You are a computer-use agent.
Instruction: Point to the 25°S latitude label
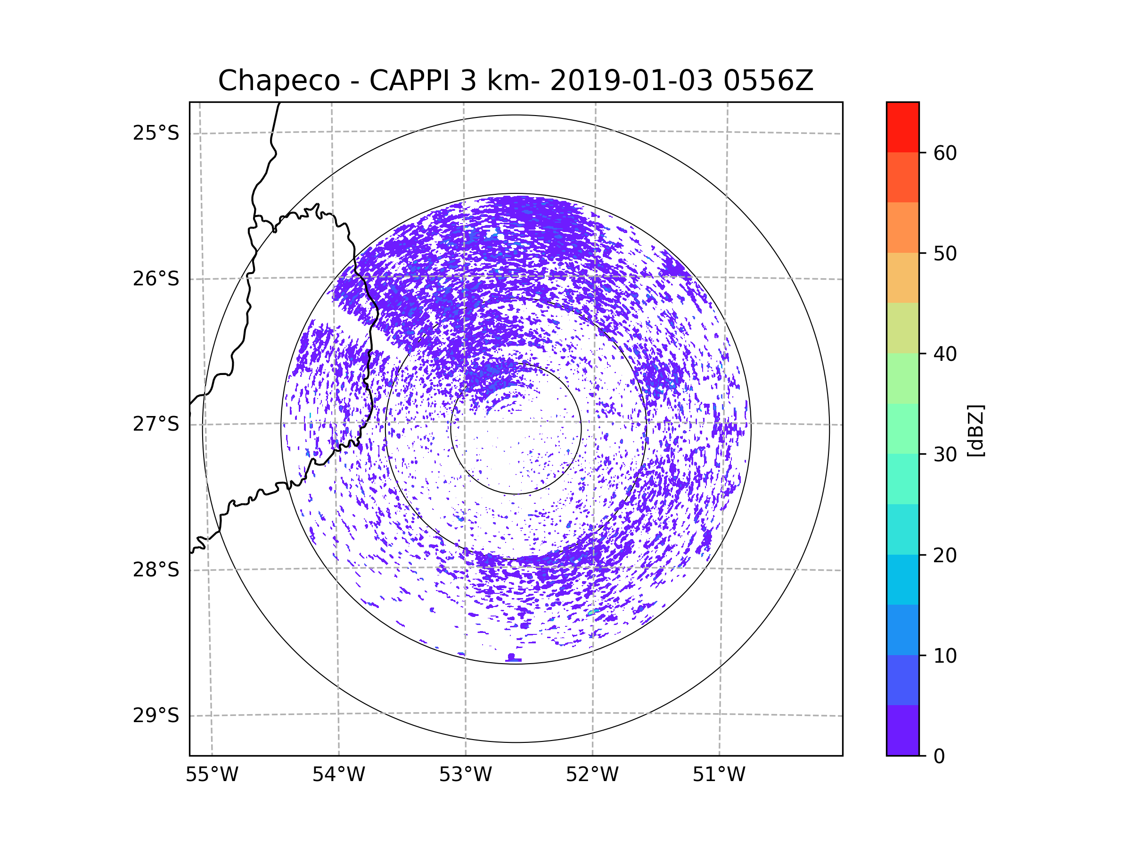click(156, 133)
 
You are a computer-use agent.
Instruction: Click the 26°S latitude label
click(156, 279)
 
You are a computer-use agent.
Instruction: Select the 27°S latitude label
click(156, 424)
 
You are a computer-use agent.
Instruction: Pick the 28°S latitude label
click(156, 570)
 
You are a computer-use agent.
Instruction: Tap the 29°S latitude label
click(156, 716)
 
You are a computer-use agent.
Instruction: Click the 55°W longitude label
click(212, 775)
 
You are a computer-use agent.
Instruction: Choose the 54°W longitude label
click(338, 775)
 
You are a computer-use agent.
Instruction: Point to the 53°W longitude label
click(465, 775)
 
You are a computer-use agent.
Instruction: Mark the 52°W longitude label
click(592, 775)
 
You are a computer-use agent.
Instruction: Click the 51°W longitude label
click(719, 775)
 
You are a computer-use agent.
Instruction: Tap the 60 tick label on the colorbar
click(945, 153)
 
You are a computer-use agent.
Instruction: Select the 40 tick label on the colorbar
click(945, 354)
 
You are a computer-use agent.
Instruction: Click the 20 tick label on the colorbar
click(945, 555)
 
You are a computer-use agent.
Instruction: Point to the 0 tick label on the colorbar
click(939, 757)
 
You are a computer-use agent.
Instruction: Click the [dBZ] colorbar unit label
click(975, 431)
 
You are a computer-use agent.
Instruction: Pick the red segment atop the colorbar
click(902, 127)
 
